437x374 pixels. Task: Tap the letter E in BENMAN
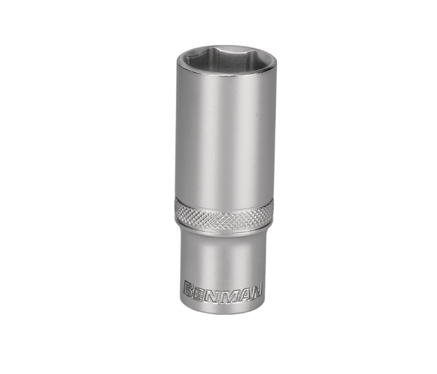point(200,293)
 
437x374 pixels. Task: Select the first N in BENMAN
point(212,294)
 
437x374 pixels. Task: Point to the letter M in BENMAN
point(226,294)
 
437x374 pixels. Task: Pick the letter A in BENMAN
point(241,293)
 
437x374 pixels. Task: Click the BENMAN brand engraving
point(222,293)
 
